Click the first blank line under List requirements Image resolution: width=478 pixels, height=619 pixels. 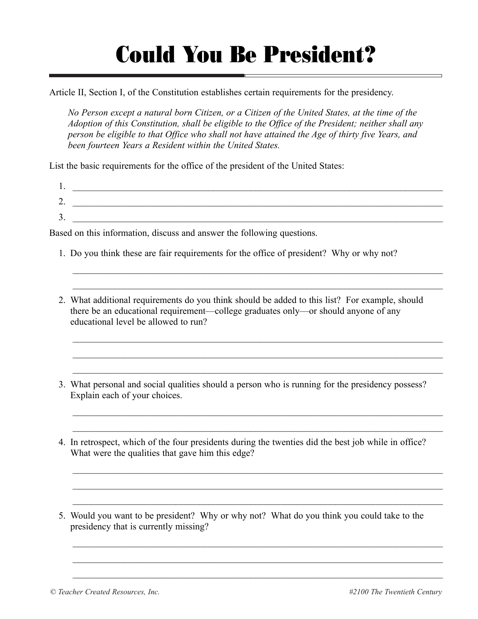257,188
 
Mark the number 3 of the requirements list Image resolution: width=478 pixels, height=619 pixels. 61,217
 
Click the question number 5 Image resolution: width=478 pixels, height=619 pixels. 61,516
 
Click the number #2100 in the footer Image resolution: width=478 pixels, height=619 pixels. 358,592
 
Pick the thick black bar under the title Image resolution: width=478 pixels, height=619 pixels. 147,76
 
